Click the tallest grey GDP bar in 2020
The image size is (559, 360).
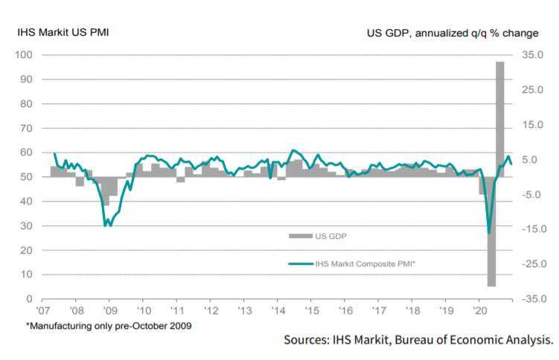pos(501,112)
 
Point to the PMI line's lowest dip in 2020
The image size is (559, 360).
pos(489,233)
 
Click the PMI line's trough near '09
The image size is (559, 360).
pos(106,225)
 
